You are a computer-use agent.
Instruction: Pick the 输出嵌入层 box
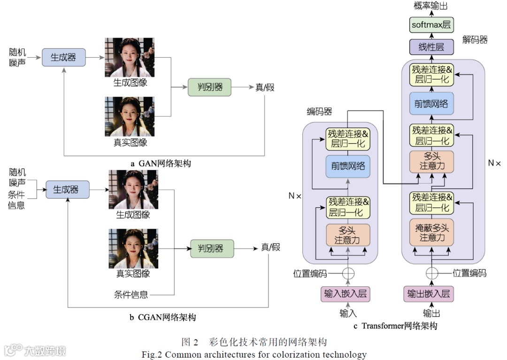(428, 294)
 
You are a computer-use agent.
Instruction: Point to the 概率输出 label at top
(430, 6)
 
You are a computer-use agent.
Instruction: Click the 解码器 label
(475, 40)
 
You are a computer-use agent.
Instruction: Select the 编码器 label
(319, 111)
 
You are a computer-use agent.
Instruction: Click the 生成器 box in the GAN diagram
(63, 57)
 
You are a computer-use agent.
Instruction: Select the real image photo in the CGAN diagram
(133, 248)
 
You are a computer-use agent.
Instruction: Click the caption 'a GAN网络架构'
(161, 164)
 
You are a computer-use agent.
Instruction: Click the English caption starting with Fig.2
(254, 354)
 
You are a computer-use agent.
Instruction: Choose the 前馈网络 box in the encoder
(348, 166)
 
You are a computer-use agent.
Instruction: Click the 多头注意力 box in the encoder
(348, 235)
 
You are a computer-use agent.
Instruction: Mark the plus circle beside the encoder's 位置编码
(348, 274)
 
